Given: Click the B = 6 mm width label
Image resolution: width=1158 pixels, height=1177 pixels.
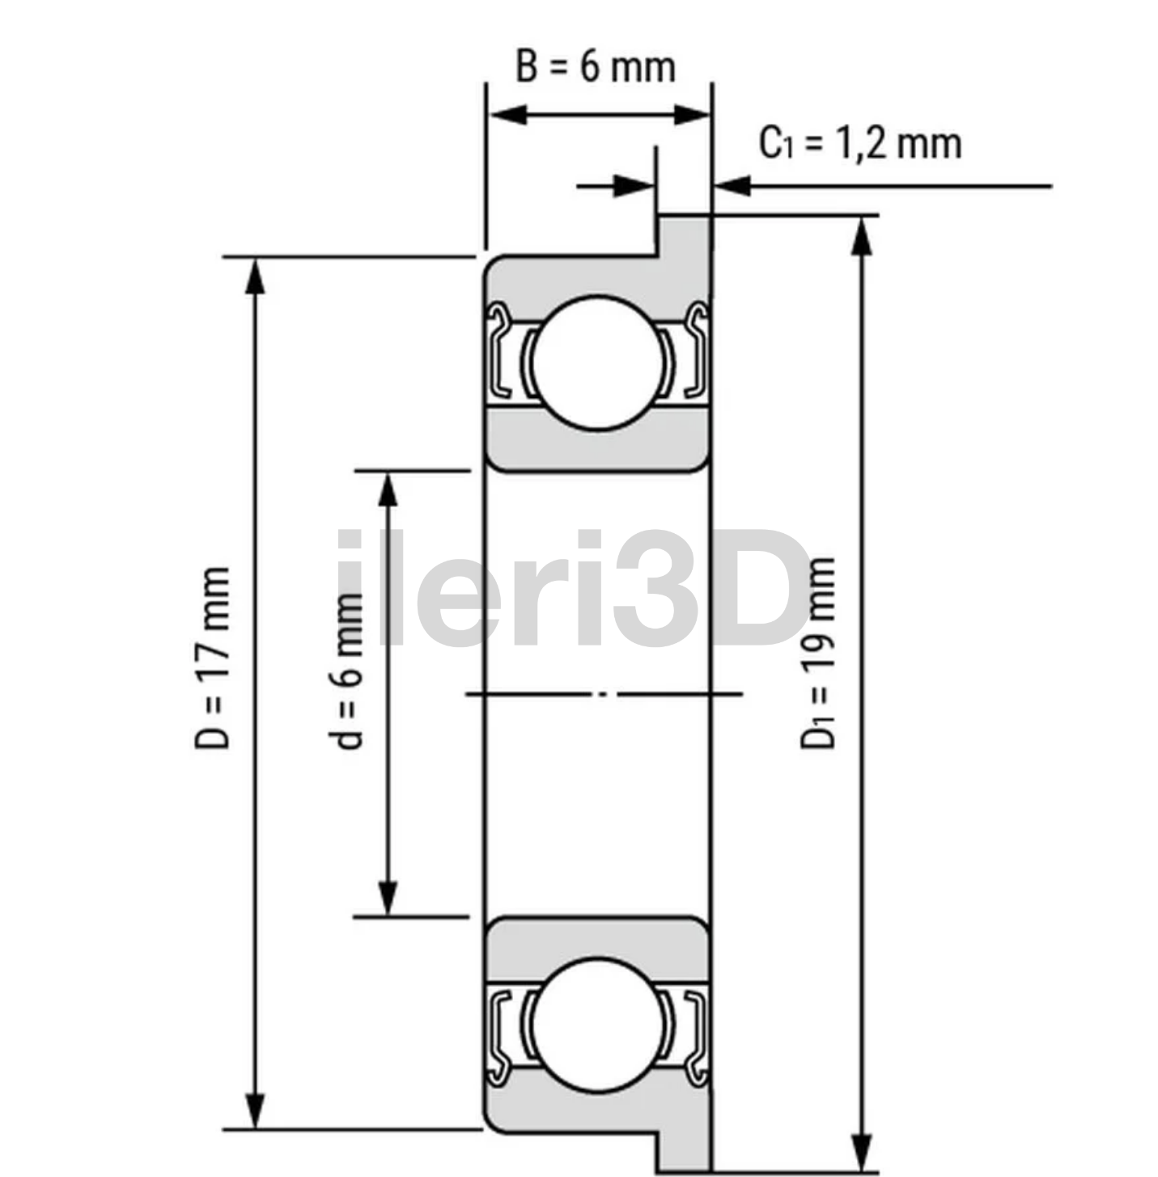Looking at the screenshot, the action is (596, 66).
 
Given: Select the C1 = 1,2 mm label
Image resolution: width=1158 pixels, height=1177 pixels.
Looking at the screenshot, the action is (859, 143).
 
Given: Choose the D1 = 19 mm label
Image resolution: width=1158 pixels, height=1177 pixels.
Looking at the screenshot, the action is (818, 652).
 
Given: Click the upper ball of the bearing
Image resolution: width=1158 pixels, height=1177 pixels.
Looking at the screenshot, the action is (597, 363).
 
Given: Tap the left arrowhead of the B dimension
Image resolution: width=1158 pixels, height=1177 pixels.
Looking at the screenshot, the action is (508, 114).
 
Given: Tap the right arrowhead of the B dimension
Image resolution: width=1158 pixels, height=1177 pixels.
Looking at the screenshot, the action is (691, 114).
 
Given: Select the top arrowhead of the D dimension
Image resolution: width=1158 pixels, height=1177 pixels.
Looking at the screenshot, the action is (256, 276).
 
